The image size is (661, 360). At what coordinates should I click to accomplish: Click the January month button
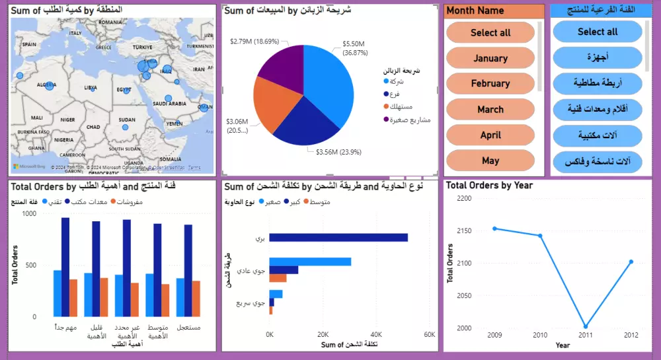click(x=490, y=58)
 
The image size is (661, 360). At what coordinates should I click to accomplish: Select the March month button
click(x=490, y=110)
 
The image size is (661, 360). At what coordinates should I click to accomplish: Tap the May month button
click(x=490, y=161)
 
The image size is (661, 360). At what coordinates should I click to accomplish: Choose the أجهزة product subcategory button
click(x=597, y=57)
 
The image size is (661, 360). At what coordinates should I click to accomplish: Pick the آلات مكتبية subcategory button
click(x=597, y=135)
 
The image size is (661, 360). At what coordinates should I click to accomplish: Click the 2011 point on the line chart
click(x=586, y=326)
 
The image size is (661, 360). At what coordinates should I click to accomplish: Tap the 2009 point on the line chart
click(x=494, y=229)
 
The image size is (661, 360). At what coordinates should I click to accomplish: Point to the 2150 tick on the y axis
click(x=464, y=231)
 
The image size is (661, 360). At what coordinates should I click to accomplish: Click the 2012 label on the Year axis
click(x=631, y=336)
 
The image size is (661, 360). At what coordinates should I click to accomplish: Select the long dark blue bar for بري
click(x=338, y=238)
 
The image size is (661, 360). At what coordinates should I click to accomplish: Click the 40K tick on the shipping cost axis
click(x=376, y=334)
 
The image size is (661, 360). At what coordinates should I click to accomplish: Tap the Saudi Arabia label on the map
click(x=169, y=104)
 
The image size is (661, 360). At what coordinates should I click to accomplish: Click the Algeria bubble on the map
click(x=49, y=86)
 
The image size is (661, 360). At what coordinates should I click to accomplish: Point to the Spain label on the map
click(x=28, y=44)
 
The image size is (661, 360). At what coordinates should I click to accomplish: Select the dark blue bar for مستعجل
click(x=188, y=271)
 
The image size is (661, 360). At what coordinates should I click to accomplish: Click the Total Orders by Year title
click(x=489, y=186)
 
